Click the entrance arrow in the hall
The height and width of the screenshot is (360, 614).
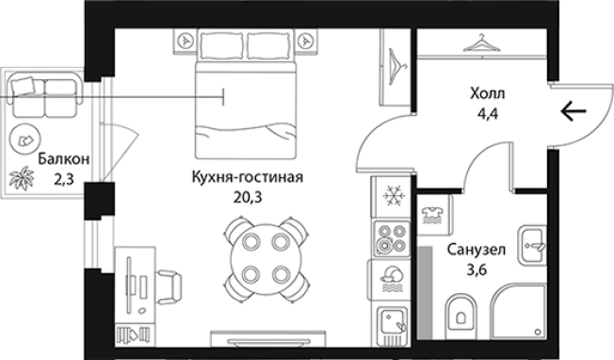tap(573, 112)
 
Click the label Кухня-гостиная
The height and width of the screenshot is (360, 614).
tap(247, 177)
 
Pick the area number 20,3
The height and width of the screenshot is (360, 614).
tap(247, 198)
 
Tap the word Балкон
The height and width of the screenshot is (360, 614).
tap(64, 159)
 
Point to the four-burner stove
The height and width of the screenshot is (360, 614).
tap(390, 240)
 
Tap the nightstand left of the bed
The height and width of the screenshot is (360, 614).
tap(186, 41)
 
